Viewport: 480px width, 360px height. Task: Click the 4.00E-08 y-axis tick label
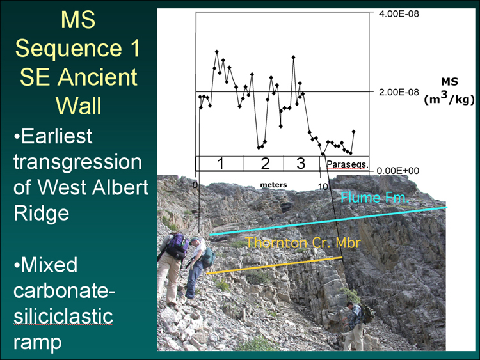pyautogui.click(x=399, y=14)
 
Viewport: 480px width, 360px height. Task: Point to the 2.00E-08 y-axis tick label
pyautogui.click(x=399, y=92)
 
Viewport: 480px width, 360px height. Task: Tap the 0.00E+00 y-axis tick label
pyautogui.click(x=397, y=171)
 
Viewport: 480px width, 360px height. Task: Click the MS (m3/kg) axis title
pyautogui.click(x=449, y=91)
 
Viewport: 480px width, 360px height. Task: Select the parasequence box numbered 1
pyautogui.click(x=220, y=163)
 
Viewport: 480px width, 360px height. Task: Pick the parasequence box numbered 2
pyautogui.click(x=264, y=163)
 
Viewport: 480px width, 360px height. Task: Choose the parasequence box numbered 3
pyautogui.click(x=301, y=163)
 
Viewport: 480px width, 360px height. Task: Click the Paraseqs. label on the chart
pyautogui.click(x=347, y=164)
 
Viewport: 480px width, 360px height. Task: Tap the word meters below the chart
pyautogui.click(x=273, y=185)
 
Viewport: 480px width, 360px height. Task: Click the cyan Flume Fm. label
pyautogui.click(x=374, y=198)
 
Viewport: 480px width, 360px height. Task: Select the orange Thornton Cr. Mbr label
pyautogui.click(x=303, y=243)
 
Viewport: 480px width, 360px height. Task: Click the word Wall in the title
pyautogui.click(x=78, y=106)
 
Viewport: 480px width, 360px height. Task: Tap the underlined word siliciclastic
pyautogui.click(x=63, y=316)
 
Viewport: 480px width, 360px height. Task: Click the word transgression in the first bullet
pyautogui.click(x=77, y=162)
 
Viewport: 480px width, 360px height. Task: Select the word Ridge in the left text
pyautogui.click(x=42, y=213)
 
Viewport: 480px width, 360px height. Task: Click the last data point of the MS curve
pyautogui.click(x=353, y=132)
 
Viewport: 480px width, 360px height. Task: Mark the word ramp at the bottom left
pyautogui.click(x=37, y=343)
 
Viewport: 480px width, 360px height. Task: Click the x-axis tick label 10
pyautogui.click(x=323, y=186)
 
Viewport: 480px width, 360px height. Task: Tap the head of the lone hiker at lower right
pyautogui.click(x=350, y=305)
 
